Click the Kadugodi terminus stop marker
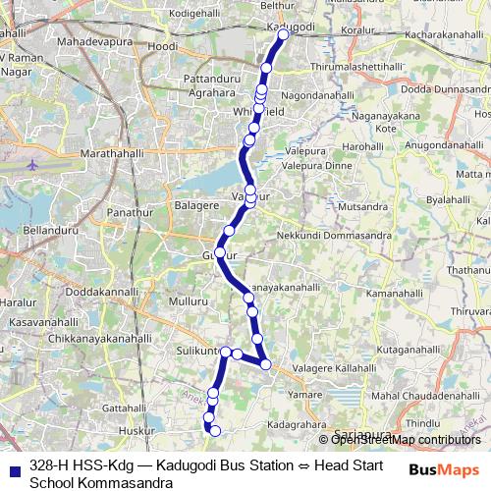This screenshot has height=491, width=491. (x=283, y=34)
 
